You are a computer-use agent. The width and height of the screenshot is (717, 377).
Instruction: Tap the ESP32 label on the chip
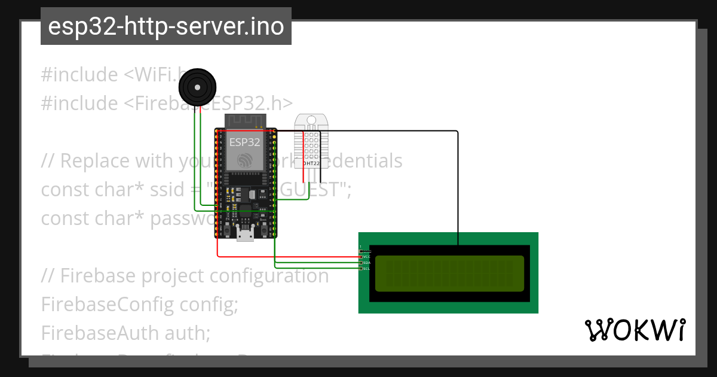[245, 142]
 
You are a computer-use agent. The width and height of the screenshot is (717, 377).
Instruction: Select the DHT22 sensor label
[311, 163]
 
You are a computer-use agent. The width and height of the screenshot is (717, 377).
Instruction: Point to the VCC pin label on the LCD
[366, 257]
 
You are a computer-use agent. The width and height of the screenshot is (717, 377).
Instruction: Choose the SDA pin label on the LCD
[366, 263]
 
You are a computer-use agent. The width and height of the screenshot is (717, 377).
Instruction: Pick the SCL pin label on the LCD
[366, 269]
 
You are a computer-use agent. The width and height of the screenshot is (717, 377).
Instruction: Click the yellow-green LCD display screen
[449, 273]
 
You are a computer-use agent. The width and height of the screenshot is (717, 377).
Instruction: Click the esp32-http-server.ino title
[166, 26]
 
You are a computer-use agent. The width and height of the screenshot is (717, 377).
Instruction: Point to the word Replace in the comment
[95, 161]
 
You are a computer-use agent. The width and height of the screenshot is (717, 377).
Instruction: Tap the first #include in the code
[79, 75]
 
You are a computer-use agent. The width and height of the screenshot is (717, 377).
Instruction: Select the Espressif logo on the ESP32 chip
[245, 160]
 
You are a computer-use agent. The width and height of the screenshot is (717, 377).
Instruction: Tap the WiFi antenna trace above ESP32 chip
[245, 121]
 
